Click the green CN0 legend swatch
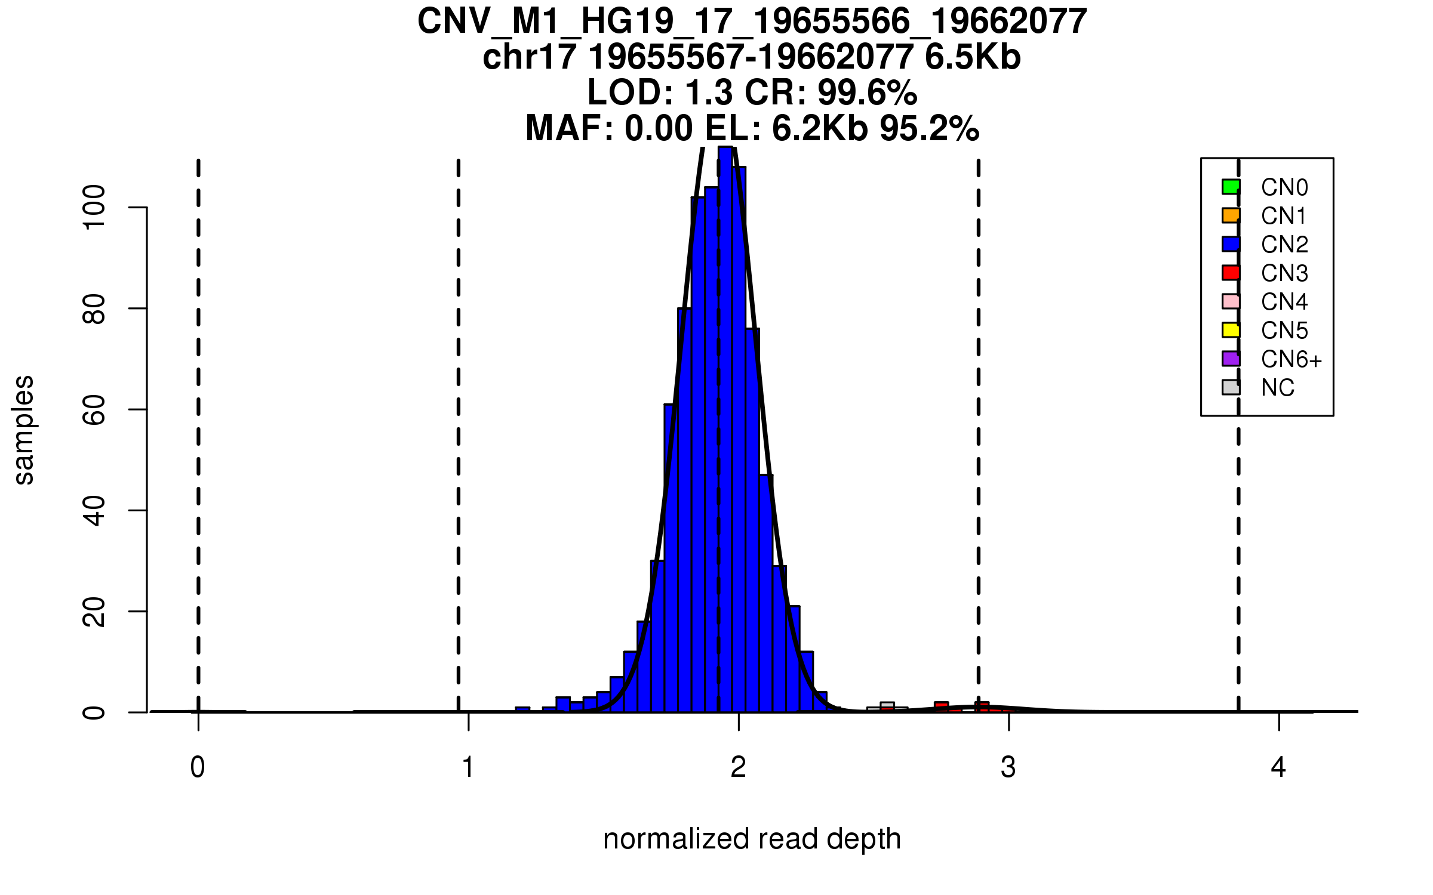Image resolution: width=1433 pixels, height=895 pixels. [1231, 187]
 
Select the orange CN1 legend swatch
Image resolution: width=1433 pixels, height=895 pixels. [1231, 215]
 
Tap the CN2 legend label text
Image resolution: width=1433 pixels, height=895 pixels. [1284, 245]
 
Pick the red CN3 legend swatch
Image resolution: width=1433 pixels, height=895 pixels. [1231, 273]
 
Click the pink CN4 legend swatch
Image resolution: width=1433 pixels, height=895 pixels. [1231, 301]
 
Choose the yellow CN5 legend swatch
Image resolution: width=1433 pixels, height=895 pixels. [1231, 330]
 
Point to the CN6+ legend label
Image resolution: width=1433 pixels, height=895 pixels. [1291, 359]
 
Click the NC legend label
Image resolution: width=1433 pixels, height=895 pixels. [1277, 388]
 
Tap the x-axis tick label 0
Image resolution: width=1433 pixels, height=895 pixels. [198, 767]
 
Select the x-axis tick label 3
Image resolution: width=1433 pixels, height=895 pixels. [1008, 767]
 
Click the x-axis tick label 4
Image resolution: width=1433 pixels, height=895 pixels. [1278, 767]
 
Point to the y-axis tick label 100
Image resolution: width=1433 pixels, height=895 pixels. [94, 207]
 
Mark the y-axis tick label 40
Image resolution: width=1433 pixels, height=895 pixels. [94, 510]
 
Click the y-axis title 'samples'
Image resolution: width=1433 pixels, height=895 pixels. [24, 430]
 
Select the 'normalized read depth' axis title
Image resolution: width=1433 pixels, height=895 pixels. [752, 839]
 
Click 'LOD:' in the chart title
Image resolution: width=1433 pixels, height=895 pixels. [631, 92]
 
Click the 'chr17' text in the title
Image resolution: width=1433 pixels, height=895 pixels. [529, 57]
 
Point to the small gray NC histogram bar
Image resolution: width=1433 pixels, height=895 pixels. [887, 707]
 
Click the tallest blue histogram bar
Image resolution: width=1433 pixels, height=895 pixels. [725, 430]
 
